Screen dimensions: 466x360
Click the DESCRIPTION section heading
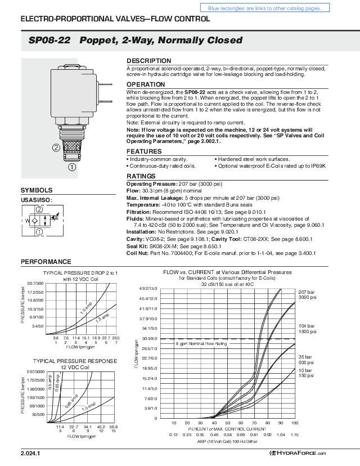click(148, 61)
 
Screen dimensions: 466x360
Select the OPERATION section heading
click(146, 84)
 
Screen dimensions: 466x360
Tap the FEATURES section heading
click(144, 152)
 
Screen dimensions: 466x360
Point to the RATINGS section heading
click(141, 177)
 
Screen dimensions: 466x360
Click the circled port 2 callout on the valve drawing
click(57, 148)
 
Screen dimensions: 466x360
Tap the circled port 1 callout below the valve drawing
click(71, 166)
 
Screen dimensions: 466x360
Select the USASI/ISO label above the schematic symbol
click(36, 200)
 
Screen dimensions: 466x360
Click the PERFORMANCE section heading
click(46, 262)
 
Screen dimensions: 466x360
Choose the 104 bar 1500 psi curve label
click(307, 329)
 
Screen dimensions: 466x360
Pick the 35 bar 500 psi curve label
click(306, 359)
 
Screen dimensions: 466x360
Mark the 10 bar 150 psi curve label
click(306, 373)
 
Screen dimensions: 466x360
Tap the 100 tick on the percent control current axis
click(294, 423)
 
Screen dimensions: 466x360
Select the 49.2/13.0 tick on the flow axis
click(148, 288)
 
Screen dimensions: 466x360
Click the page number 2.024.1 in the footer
click(30, 453)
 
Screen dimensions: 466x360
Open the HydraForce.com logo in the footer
click(298, 453)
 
